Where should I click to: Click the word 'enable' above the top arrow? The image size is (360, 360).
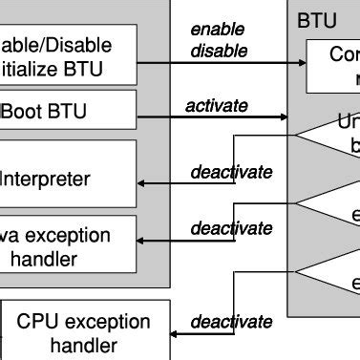(x=218, y=30)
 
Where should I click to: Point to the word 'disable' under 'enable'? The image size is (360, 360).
(x=219, y=51)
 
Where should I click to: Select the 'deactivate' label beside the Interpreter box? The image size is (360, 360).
(x=231, y=172)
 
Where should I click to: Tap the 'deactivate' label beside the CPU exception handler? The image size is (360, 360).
(x=231, y=323)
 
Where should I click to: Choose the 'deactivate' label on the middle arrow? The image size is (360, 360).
(x=231, y=228)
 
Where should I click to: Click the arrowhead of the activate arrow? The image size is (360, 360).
(x=283, y=118)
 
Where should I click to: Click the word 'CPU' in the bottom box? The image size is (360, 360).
(x=37, y=321)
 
